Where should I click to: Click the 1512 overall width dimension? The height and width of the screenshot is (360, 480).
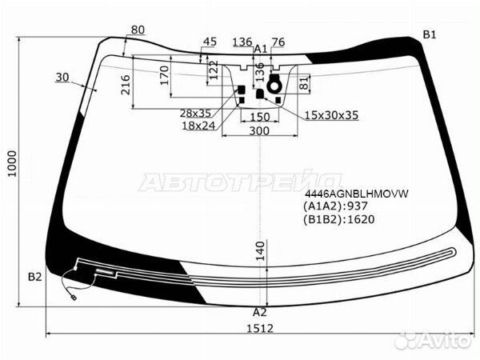pyautogui.click(x=259, y=329)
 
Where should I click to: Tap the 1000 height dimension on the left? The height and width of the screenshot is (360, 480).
pyautogui.click(x=12, y=163)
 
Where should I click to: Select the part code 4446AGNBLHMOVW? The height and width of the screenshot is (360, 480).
pyautogui.click(x=357, y=194)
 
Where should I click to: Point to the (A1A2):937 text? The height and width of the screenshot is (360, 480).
pyautogui.click(x=335, y=206)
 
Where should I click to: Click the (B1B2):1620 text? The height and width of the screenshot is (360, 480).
pyautogui.click(x=339, y=219)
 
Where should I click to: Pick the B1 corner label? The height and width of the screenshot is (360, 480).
pyautogui.click(x=429, y=35)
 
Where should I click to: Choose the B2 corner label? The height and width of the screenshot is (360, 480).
pyautogui.click(x=34, y=277)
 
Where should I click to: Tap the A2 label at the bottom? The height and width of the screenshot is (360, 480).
pyautogui.click(x=259, y=312)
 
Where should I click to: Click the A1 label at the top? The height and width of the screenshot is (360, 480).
pyautogui.click(x=261, y=49)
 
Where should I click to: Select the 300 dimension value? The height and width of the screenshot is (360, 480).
pyautogui.click(x=259, y=131)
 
